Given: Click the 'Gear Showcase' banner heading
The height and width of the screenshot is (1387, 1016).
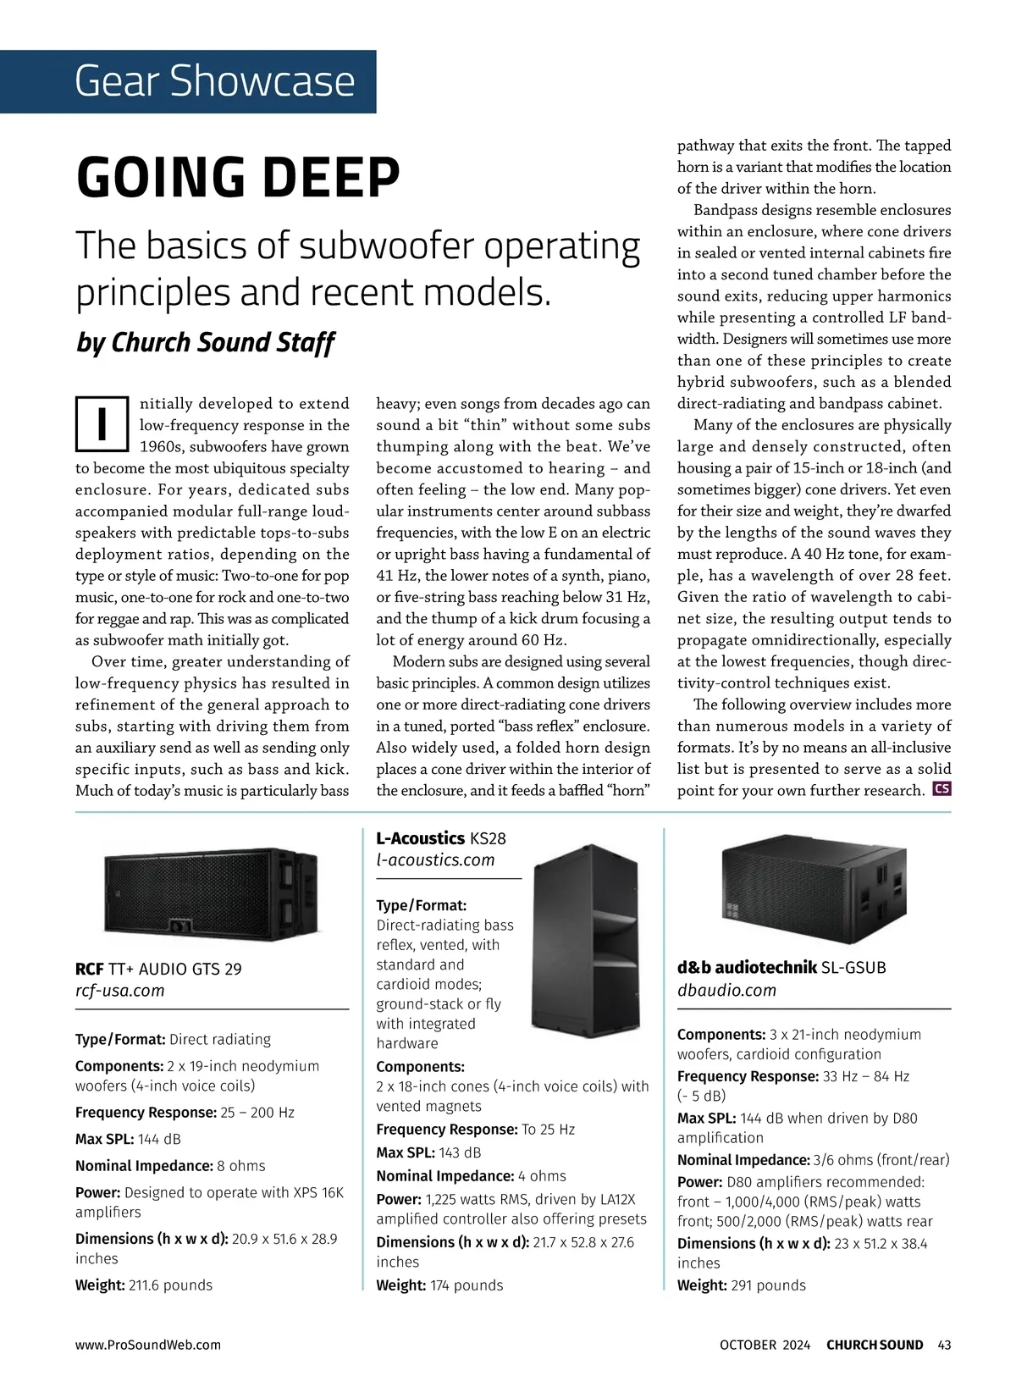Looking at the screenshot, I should pos(214,81).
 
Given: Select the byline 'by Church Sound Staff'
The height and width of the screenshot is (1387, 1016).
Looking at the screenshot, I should pos(205,342).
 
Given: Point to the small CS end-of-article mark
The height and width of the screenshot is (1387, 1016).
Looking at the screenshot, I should pos(941,789).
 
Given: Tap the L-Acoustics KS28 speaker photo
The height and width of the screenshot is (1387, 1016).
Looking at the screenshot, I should pos(586,941).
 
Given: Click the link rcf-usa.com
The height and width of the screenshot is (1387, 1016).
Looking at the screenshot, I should pos(120,991).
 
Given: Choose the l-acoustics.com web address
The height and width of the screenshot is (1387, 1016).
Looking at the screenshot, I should pos(435,860).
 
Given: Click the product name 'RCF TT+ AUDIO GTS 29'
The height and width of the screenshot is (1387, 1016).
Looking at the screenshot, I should pos(158,969).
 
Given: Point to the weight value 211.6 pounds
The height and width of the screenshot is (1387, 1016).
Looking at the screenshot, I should pos(170,1285).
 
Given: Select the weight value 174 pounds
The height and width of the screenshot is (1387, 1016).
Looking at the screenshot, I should pos(467,1285).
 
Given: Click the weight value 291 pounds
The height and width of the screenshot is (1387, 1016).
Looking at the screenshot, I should pos(768,1285).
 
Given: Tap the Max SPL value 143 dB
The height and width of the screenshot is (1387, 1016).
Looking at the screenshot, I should pos(460,1152).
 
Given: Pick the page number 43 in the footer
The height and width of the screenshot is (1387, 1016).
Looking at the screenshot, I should pos(944,1345).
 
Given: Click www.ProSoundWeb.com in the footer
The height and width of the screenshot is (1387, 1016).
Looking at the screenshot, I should pos(148,1345).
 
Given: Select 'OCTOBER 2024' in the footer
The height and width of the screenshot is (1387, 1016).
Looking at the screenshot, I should pos(765,1345).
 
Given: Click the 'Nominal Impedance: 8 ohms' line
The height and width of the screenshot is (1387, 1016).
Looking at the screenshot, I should pos(170,1166).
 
